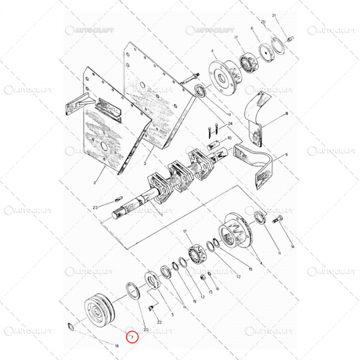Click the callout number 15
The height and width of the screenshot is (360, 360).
(x=210, y=292)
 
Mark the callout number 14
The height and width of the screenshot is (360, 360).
(x=293, y=247)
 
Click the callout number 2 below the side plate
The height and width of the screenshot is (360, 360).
(x=95, y=183)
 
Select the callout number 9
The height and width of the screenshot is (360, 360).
(x=286, y=155)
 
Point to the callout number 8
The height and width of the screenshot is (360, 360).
(x=286, y=113)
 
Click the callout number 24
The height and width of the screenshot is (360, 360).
(x=231, y=124)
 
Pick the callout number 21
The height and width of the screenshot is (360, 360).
(x=274, y=15)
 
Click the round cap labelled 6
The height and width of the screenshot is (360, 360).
(x=266, y=53)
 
